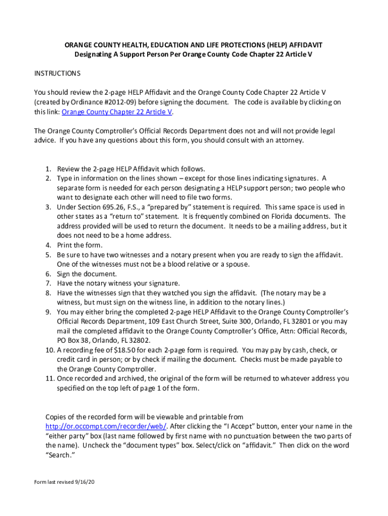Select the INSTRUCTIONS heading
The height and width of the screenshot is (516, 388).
(57, 74)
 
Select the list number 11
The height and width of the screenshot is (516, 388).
(48, 378)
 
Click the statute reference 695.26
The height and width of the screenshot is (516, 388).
(111, 207)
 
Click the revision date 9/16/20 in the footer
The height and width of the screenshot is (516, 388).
(85, 482)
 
